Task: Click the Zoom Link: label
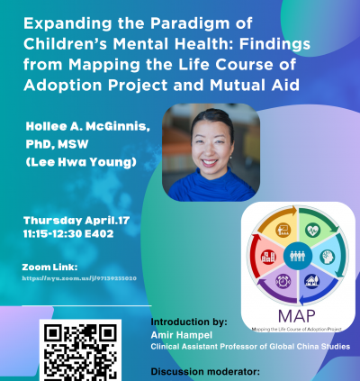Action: [51, 267]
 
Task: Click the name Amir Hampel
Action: [176, 333]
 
